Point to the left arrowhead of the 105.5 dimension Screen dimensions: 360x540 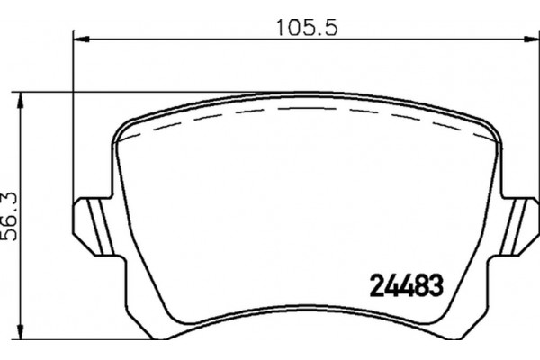coord(77,39)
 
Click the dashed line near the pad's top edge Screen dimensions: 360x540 coord(306,113)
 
